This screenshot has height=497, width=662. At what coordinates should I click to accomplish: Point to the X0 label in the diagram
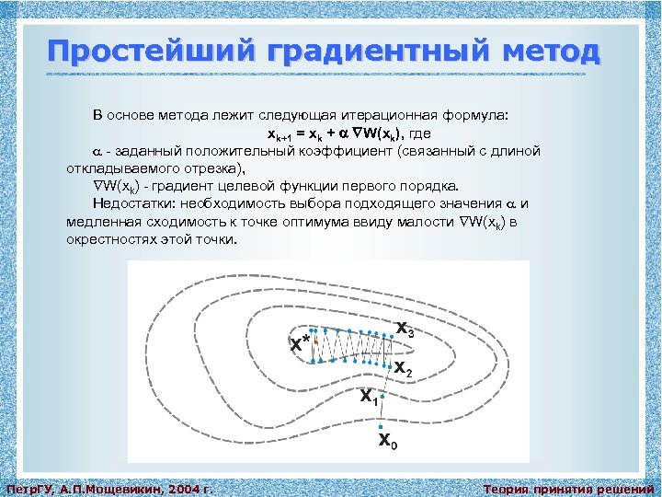coord(389,442)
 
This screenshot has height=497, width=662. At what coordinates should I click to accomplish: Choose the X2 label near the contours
coord(403,368)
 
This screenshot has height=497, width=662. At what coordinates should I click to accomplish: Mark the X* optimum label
coord(299,344)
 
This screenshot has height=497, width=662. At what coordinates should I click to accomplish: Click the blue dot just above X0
coord(381,426)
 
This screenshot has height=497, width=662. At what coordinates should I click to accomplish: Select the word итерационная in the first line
coord(400,116)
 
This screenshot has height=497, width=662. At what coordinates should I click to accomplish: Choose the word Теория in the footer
coord(507,489)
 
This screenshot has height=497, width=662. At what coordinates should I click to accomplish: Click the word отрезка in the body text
coord(213,168)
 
